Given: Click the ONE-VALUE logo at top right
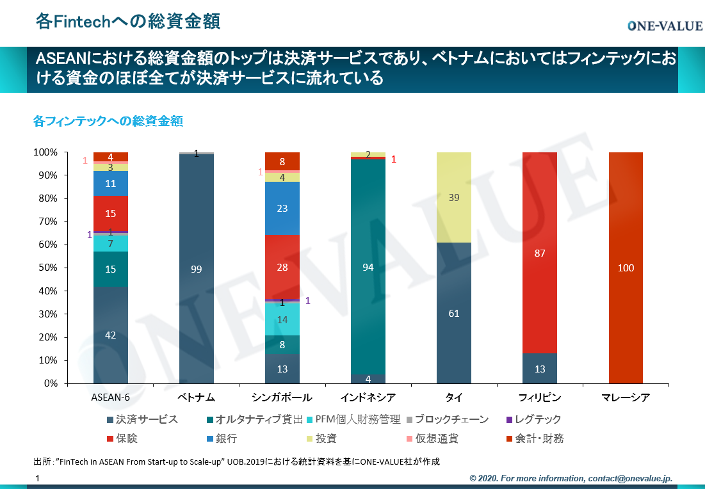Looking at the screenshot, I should coord(664,26).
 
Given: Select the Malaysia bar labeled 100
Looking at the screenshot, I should coord(626,268).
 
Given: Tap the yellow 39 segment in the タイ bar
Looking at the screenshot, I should coord(454,198).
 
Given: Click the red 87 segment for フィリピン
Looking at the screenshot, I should coord(540,253).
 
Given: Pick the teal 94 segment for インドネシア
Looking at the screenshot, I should coord(368,268).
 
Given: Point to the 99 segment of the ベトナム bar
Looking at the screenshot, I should coord(197,269).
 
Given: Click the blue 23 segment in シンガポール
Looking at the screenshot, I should coord(282,208).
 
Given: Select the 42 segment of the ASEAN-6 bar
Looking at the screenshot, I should coord(110,335).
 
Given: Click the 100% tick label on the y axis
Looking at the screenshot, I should coord(45,152).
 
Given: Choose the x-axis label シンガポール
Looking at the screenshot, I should coord(282,397).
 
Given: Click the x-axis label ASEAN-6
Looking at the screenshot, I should coord(111,397).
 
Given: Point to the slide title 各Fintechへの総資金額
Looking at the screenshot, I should coord(128,22).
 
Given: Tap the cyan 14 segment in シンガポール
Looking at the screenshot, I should coord(282,319).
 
